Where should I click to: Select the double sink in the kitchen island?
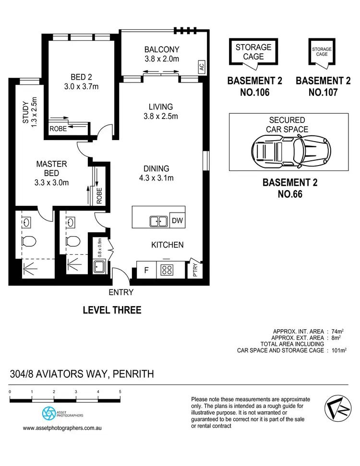coord(158,221)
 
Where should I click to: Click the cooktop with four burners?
coord(166,270)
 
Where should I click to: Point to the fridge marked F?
coord(146,270)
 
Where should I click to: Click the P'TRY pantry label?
coord(195,270)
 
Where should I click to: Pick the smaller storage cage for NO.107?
coord(322,52)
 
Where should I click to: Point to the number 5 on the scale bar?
coord(120,392)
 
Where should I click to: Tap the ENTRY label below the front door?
coord(121,292)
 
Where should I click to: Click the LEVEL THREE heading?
coord(112,310)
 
